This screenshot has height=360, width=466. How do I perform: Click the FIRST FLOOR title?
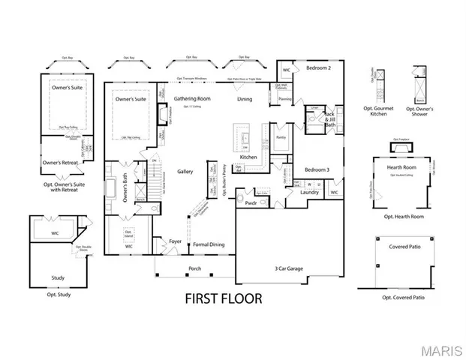tap(224, 298)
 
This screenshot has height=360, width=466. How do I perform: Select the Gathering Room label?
tap(192, 98)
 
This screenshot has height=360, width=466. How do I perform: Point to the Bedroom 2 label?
tap(318, 68)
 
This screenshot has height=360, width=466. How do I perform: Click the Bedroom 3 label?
tap(317, 169)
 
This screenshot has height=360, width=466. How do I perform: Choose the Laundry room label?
tap(311, 193)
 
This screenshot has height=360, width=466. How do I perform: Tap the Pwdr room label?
tap(251, 202)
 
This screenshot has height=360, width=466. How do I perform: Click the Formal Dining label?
tap(208, 244)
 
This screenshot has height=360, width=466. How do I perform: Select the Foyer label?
tap(175, 241)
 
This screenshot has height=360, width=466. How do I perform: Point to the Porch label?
tap(194, 268)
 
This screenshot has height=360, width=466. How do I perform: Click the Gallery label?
tap(185, 172)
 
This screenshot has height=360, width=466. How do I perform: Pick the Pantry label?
tap(281, 137)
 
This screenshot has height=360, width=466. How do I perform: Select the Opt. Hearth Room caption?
tap(403, 217)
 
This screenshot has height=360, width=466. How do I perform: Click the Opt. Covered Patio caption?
tap(403, 298)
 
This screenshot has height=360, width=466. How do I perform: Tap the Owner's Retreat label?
tap(60, 162)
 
